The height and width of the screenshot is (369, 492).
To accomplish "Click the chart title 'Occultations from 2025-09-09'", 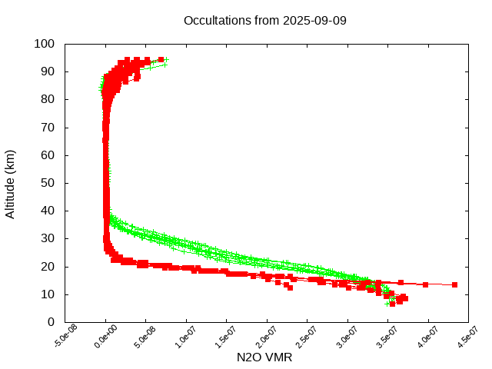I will [265, 20].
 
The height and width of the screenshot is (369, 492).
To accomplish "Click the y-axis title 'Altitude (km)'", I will [10, 183].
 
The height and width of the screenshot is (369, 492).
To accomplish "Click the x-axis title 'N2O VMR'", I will [264, 357].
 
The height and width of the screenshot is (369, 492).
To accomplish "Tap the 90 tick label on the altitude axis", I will [49, 71].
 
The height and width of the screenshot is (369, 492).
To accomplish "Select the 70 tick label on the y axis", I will [49, 127].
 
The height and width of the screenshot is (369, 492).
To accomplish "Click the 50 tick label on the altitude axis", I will [49, 183].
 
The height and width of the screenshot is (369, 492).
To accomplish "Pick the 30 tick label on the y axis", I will [49, 238].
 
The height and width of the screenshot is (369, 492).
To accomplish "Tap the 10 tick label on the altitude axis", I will [49, 294].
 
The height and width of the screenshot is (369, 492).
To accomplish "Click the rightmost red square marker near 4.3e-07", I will [454, 284].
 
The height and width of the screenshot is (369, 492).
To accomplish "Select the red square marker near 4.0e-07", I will [425, 284].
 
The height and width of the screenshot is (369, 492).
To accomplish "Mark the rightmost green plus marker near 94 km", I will [166, 59].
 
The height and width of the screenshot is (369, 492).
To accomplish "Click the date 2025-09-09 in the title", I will [314, 20].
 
